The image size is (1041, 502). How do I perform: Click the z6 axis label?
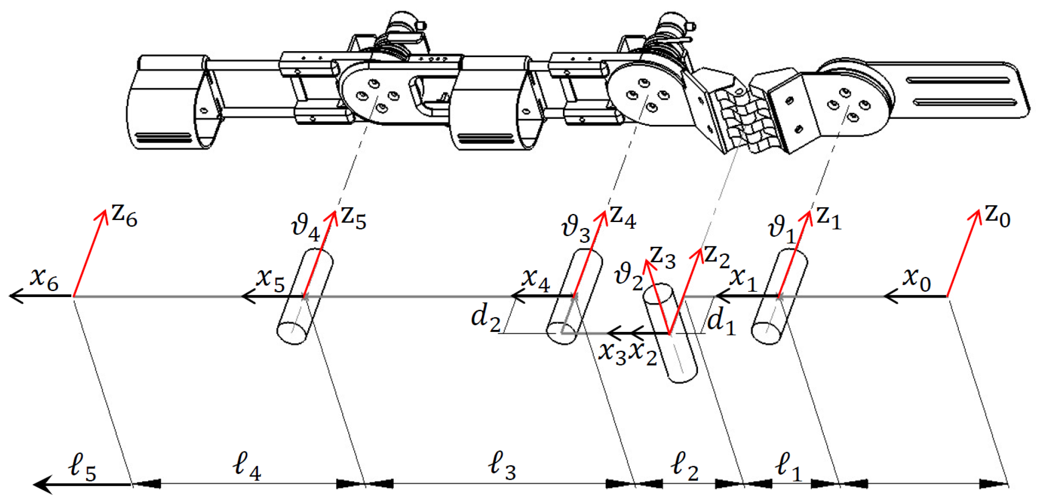124,216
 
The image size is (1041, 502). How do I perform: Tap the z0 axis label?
997,216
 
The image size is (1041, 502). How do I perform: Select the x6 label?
44,280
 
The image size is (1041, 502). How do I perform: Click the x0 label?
916,280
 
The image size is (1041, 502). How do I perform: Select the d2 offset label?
486,319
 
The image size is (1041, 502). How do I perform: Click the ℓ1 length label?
788,467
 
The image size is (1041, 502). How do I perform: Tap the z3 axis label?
663,258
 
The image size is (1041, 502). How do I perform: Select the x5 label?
270,280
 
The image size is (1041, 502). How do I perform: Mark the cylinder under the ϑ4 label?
305,297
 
